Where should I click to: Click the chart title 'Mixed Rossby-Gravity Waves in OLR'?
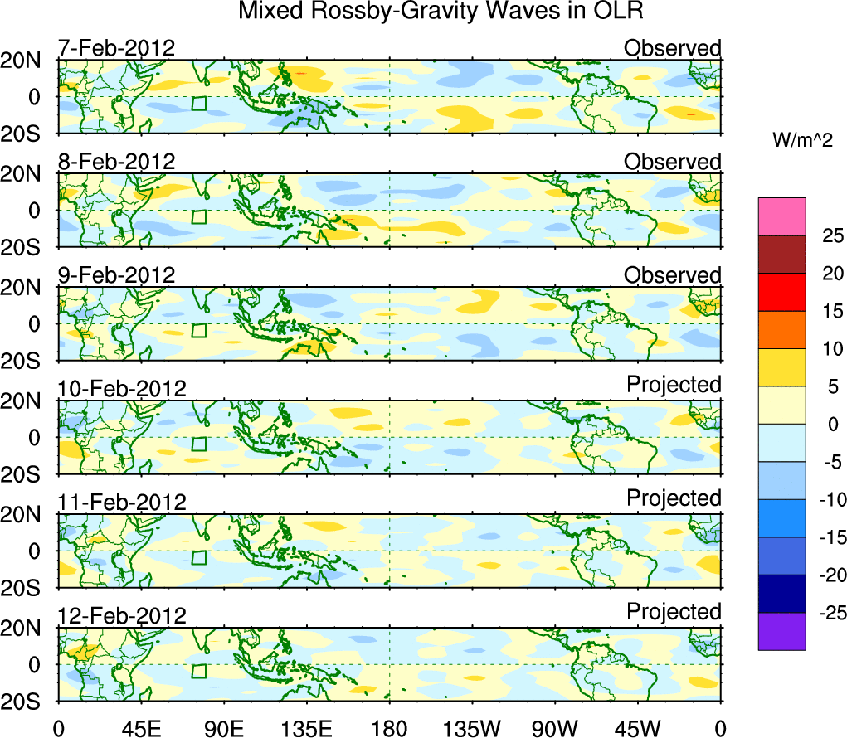[x=441, y=12]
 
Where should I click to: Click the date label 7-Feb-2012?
[x=116, y=48]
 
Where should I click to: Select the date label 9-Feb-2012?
[x=116, y=275]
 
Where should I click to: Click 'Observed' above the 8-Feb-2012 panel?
[x=672, y=162]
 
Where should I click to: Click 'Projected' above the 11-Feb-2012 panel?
[x=674, y=498]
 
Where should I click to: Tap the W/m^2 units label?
[x=802, y=141]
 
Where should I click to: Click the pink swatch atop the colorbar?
[x=781, y=216]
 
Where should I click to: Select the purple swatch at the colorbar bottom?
[x=781, y=631]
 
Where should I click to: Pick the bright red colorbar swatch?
[x=781, y=292]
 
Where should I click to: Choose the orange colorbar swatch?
[x=781, y=329]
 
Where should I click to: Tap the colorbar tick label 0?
[x=830, y=425]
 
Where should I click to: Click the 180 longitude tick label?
[x=389, y=728]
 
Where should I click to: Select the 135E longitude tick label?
[x=306, y=728]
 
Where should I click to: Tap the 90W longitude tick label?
[x=555, y=728]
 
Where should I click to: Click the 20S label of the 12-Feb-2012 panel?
[x=28, y=702]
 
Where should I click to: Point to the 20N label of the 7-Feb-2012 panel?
[x=28, y=61]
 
